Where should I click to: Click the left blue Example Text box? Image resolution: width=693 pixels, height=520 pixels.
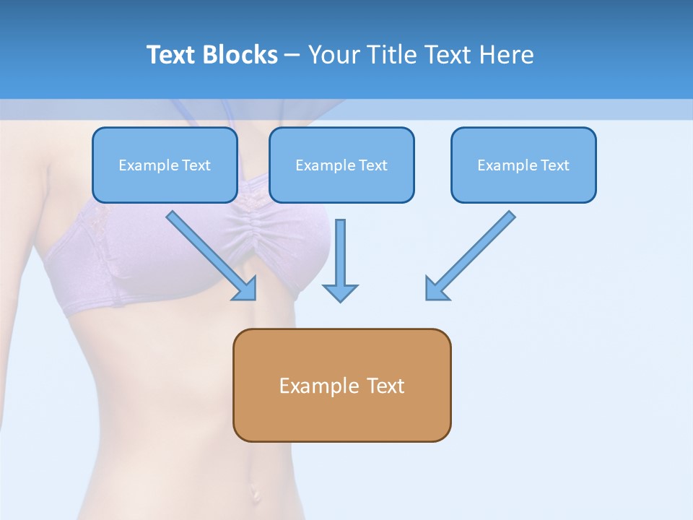pyautogui.click(x=165, y=165)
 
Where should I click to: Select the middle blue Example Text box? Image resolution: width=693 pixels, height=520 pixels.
pyautogui.click(x=341, y=165)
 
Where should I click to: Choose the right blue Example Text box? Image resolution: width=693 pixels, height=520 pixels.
pyautogui.click(x=523, y=165)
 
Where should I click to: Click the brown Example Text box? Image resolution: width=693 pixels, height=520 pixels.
pyautogui.click(x=341, y=386)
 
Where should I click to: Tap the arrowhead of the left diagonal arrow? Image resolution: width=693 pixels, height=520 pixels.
pyautogui.click(x=245, y=289)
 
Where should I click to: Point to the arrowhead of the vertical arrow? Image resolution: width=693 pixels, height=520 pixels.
pyautogui.click(x=340, y=292)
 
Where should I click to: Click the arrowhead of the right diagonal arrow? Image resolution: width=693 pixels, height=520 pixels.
pyautogui.click(x=436, y=289)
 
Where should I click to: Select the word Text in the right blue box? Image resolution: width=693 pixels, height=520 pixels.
pyautogui.click(x=555, y=165)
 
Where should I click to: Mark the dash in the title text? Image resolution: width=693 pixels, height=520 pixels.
pyautogui.click(x=292, y=56)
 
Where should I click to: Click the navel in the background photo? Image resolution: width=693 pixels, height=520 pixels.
pyautogui.click(x=253, y=493)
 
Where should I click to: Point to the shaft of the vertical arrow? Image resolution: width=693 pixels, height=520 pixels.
pyautogui.click(x=340, y=249)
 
